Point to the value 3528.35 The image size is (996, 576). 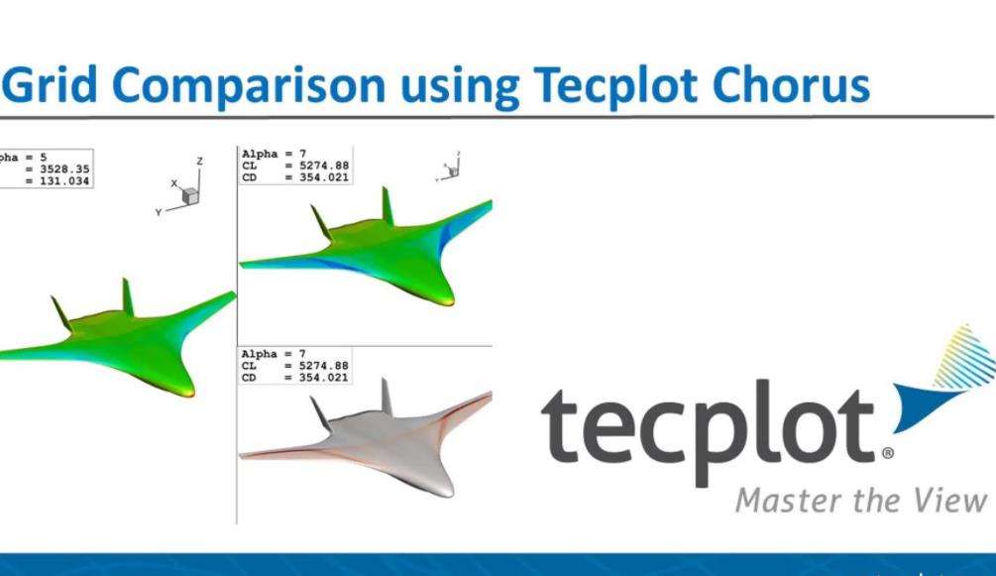(64, 170)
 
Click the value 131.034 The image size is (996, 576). (64, 182)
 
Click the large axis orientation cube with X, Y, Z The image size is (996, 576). (188, 194)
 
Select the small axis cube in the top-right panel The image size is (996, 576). (452, 171)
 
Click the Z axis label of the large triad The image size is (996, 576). (199, 161)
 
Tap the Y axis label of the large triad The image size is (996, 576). (158, 212)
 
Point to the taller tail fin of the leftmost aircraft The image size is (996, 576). (127, 296)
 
